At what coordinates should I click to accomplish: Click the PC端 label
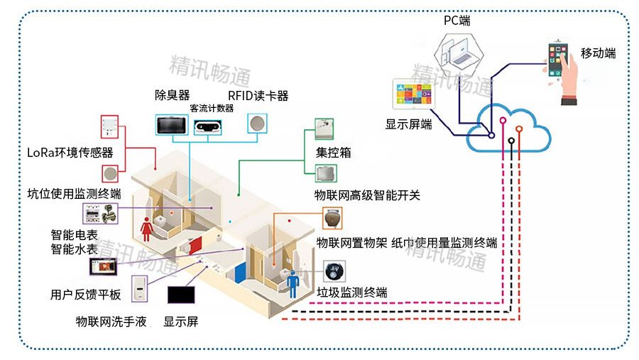coord(457,21)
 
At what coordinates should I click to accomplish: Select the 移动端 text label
coord(598,53)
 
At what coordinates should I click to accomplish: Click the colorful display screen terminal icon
coord(412,95)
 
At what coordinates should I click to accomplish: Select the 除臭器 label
coord(173,95)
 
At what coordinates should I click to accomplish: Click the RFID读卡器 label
coord(258,96)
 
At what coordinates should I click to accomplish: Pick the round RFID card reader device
coord(256,123)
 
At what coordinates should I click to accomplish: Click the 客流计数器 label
coord(212,108)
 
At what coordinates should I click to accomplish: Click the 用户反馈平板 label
coord(86,293)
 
